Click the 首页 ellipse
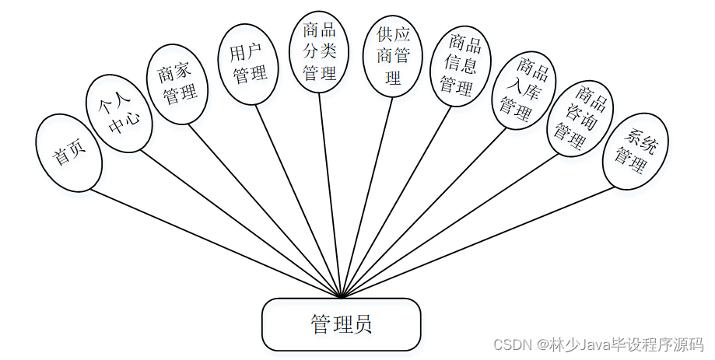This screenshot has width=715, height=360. click(69, 153)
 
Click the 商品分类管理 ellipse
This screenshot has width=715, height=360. click(320, 52)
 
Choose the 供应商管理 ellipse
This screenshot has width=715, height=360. click(392, 56)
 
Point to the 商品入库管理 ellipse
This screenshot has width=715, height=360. click(520, 89)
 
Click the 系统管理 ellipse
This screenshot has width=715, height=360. click(636, 151)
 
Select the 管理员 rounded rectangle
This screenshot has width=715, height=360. click(341, 324)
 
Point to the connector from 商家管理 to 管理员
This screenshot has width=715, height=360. click(265, 210)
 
